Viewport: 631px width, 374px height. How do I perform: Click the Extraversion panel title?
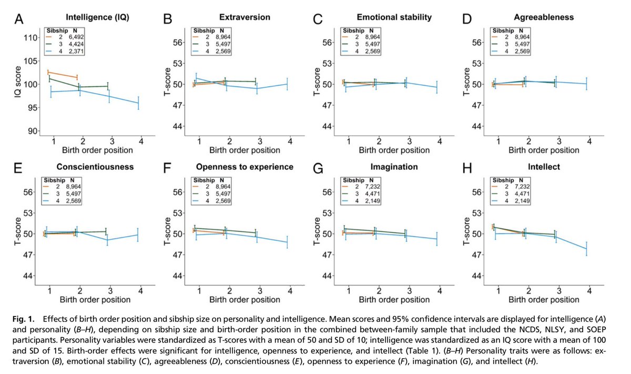(x=244, y=17)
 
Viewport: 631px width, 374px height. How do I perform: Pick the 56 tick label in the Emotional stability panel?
(x=328, y=42)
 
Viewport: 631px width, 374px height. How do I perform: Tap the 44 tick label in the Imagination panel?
(x=328, y=276)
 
